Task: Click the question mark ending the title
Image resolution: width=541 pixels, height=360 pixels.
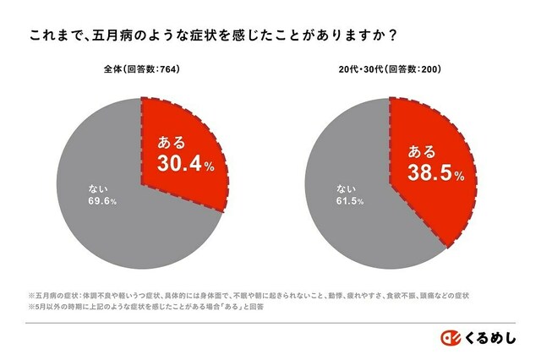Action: (394, 36)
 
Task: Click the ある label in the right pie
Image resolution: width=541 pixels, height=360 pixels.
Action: (422, 152)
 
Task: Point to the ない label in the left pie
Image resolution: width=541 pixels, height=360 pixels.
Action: (97, 188)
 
